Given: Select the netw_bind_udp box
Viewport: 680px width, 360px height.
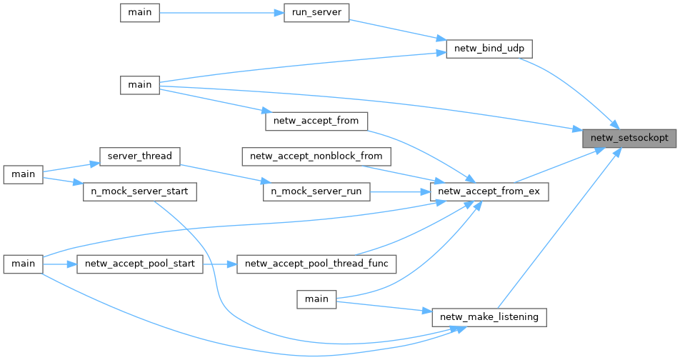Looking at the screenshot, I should tap(489, 49).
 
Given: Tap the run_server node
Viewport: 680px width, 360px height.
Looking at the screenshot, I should tap(316, 13).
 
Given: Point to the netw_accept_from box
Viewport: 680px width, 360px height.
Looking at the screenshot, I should tap(316, 121).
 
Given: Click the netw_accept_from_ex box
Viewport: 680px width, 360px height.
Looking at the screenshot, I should tap(489, 191).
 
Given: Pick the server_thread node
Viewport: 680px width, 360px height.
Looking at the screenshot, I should tap(139, 156).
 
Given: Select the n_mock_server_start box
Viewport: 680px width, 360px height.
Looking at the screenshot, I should tap(139, 191).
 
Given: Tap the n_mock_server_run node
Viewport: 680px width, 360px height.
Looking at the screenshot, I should tap(316, 191).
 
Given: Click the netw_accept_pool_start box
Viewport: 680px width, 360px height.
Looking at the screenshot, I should tap(139, 264).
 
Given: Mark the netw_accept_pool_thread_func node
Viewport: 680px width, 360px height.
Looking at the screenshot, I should tap(316, 264).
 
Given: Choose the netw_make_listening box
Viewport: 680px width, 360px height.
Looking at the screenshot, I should tap(489, 316).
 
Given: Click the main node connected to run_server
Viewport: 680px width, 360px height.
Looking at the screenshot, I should tap(139, 13).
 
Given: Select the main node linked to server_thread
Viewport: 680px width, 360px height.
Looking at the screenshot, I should tap(23, 174).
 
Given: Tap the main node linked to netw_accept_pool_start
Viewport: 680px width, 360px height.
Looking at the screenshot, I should tap(23, 264).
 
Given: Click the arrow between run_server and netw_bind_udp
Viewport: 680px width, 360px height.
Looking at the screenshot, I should tap(396, 29).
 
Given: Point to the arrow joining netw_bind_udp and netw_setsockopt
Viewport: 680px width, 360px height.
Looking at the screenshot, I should tap(571, 84).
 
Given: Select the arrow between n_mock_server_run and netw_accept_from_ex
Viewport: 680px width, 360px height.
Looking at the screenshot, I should tap(400, 191).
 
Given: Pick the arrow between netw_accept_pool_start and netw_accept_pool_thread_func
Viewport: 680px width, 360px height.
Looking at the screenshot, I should tap(220, 264).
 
